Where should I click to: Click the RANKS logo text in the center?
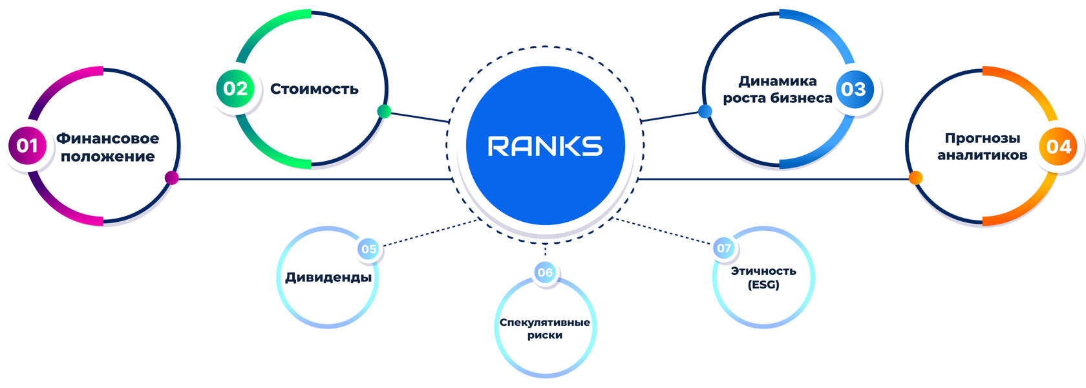[x=545, y=146]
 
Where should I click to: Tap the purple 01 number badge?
[x=27, y=145]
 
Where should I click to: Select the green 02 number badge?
[x=235, y=89]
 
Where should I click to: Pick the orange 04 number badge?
[x=1058, y=146]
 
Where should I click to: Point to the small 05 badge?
[x=369, y=249]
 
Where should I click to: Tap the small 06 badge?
[x=545, y=272]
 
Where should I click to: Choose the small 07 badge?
[x=724, y=248]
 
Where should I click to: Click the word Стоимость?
[x=314, y=89]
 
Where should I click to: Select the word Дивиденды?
[x=328, y=277]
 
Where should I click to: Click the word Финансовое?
[x=107, y=138]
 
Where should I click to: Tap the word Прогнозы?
[x=983, y=138]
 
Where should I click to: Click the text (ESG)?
[x=763, y=285]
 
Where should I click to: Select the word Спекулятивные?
[x=545, y=323]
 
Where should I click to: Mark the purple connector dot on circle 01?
[x=172, y=178]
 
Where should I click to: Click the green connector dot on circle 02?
[x=384, y=111]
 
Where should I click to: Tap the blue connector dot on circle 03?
[x=705, y=111]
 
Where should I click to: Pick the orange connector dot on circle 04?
[x=915, y=178]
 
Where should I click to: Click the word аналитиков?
[x=983, y=155]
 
